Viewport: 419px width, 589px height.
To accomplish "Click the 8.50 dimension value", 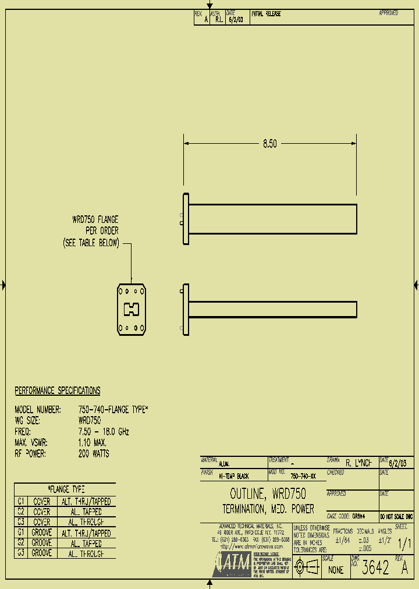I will pyautogui.click(x=269, y=143).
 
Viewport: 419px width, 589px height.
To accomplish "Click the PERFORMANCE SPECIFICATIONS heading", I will pyautogui.click(x=57, y=391).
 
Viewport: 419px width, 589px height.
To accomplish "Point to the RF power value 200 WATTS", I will pyautogui.click(x=93, y=453).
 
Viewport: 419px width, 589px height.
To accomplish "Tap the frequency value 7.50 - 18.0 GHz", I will pyautogui.click(x=103, y=432).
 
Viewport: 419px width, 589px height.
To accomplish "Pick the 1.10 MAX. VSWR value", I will pyautogui.click(x=92, y=443).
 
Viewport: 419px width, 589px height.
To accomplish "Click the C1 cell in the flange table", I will pyautogui.click(x=20, y=501).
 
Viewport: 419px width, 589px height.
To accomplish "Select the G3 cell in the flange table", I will pyautogui.click(x=20, y=553).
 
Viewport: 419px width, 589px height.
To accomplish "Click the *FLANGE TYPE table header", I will pyautogui.click(x=65, y=489).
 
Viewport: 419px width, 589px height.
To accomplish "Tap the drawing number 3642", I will pyautogui.click(x=375, y=569).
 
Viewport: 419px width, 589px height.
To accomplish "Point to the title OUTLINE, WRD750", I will pyautogui.click(x=268, y=494).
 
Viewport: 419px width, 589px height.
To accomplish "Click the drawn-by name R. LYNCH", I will pyautogui.click(x=358, y=464).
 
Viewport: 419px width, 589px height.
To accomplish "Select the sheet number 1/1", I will pyautogui.click(x=403, y=544).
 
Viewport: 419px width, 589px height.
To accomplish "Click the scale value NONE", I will pyautogui.click(x=336, y=570).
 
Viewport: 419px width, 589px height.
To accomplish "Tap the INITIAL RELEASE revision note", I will pyautogui.click(x=266, y=14).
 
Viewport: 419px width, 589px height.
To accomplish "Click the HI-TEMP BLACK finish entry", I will pyautogui.click(x=233, y=476).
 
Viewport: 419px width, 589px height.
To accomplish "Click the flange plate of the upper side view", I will pyautogui.click(x=186, y=219).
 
